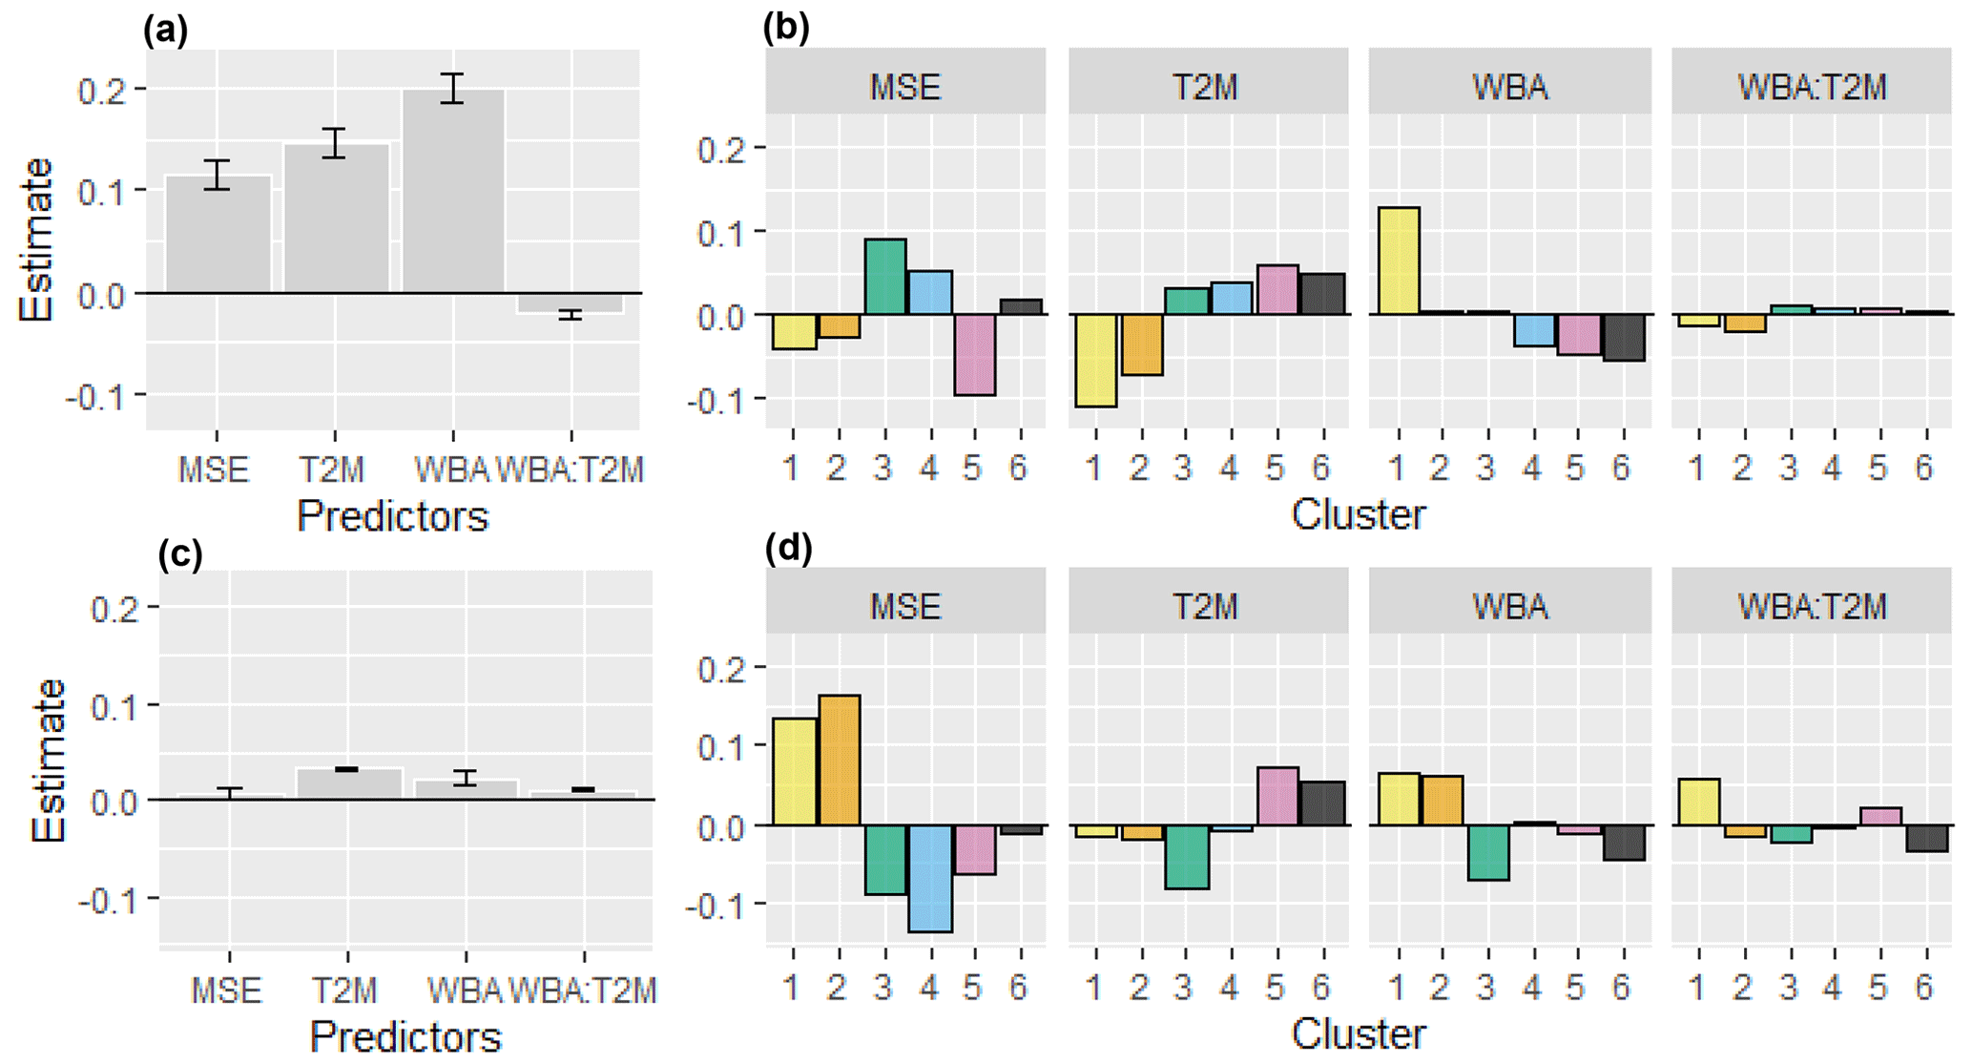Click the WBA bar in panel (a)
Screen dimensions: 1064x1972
(x=453, y=191)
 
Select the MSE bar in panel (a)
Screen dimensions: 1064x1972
(x=218, y=234)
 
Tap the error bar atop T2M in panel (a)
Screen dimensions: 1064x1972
(x=334, y=142)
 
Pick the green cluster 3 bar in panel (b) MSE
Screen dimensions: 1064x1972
(x=884, y=277)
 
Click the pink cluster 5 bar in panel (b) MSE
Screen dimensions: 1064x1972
(x=974, y=354)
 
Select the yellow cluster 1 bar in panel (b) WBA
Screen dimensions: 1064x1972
(x=1398, y=261)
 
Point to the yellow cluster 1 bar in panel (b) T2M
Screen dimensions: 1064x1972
(x=1094, y=361)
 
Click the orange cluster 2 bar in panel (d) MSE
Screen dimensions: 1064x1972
(x=839, y=760)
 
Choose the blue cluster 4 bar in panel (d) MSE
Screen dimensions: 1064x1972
(x=929, y=878)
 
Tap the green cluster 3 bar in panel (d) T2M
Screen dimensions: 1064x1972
(x=1186, y=856)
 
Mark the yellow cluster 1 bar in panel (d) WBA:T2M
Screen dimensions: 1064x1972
(x=1698, y=802)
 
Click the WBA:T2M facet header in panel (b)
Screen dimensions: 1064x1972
(x=1812, y=87)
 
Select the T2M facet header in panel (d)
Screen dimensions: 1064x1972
(x=1207, y=606)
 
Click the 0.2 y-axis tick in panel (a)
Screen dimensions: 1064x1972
(x=102, y=90)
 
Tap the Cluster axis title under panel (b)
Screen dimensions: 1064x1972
(x=1359, y=515)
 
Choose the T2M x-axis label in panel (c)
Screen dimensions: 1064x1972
(x=345, y=991)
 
